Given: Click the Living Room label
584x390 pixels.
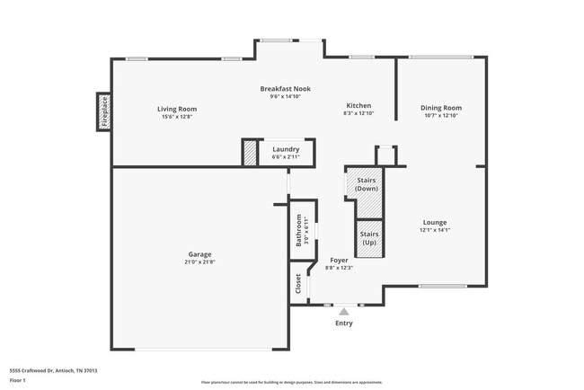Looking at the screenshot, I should pos(177,108).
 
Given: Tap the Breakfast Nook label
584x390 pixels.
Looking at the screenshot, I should pos(285,88).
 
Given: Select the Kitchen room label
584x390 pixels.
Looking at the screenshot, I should pos(358,105).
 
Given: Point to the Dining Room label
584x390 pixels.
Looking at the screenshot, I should pos(440,108).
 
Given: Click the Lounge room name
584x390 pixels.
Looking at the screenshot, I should pos(435,222).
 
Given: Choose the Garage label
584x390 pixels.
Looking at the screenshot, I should pos(200,253).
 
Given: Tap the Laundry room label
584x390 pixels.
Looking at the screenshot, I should pos(286,149).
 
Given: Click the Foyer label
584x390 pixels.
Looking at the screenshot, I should pos(338,260).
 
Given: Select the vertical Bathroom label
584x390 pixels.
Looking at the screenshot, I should pos(299,233).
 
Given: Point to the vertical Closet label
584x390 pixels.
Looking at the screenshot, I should pos(297,283).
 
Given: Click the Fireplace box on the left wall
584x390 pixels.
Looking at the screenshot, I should pos(103,111).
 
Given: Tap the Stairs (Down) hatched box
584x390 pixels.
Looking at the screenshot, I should pos(366,182).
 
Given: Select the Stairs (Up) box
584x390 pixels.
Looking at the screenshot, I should pos(369,237).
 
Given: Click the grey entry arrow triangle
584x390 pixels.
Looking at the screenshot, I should pos(343,311).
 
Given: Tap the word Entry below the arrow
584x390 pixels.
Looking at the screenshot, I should pos(343,324).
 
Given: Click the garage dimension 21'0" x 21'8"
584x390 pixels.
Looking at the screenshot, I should pos(200,261).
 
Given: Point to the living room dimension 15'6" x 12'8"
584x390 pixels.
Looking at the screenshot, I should pos(177,116).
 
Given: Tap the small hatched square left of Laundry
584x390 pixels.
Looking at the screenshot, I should pos(250,153).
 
